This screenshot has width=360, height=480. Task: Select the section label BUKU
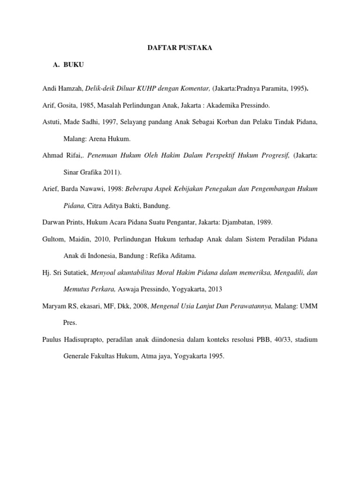point(74,65)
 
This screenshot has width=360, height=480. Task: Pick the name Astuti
point(51,122)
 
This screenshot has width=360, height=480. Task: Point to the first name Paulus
point(52,339)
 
